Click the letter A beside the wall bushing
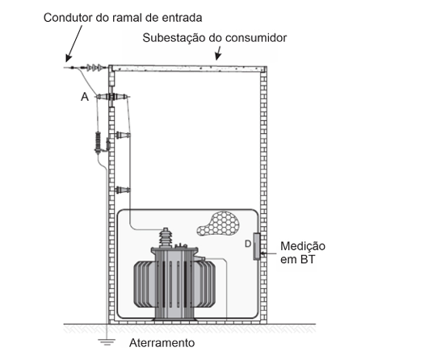click(x=85, y=97)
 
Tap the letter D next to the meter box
click(x=248, y=244)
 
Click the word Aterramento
click(x=162, y=343)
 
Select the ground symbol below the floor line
click(x=107, y=342)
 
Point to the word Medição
click(x=303, y=246)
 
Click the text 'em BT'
click(x=297, y=260)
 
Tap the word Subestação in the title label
click(x=174, y=38)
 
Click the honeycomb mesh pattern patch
click(x=219, y=224)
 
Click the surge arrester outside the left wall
click(x=99, y=142)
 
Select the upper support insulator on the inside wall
click(x=123, y=135)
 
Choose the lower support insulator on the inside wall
click(x=123, y=190)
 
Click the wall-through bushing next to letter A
click(x=112, y=97)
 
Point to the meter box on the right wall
click(x=257, y=246)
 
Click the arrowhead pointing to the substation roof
click(x=217, y=57)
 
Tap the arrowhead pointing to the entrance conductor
click(x=68, y=59)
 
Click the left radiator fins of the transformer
click(x=145, y=284)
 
